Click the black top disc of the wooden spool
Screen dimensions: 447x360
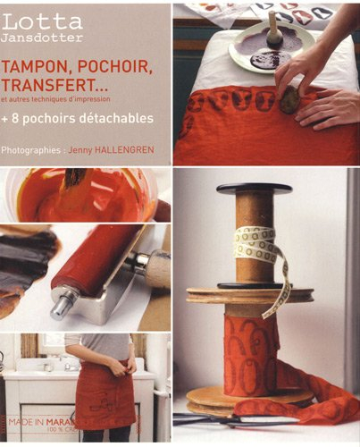coord(254,189)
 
